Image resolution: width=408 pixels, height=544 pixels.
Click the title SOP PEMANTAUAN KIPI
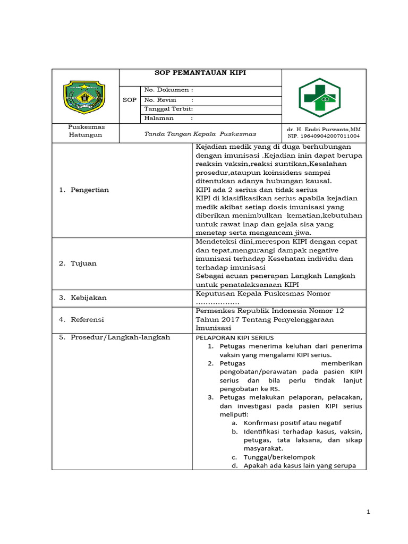point(200,73)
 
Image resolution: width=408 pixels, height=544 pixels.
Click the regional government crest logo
point(84,97)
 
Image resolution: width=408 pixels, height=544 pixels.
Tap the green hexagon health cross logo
point(319,97)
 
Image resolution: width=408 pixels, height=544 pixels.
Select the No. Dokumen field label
point(168,90)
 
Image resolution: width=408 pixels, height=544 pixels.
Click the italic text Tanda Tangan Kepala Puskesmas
point(200,134)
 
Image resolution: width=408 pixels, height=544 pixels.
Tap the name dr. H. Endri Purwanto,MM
point(324,129)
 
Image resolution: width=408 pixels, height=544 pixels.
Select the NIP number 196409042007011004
point(324,136)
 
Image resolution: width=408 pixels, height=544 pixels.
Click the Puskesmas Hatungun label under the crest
point(86,131)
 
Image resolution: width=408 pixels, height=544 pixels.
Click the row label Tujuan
point(83,263)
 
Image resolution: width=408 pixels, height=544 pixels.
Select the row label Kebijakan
point(88,297)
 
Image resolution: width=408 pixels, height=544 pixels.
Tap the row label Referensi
point(87,320)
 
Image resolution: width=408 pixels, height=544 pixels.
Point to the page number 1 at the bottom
point(368,512)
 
